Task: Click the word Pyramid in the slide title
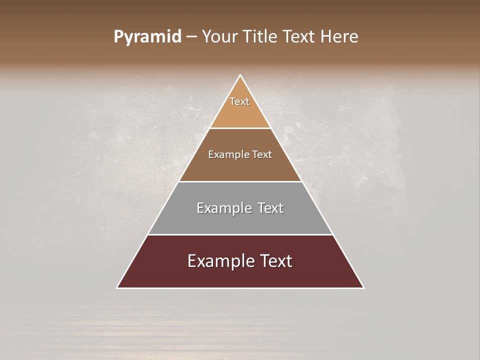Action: coord(147,37)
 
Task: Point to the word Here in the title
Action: coord(340,37)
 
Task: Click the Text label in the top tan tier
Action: coord(239,101)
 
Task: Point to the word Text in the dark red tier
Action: coord(274,261)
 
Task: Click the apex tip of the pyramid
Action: coord(240,75)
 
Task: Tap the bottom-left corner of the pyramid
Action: coord(117,287)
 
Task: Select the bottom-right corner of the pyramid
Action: coord(363,287)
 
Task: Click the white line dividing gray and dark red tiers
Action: coord(240,234)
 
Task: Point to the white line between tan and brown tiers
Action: coord(240,128)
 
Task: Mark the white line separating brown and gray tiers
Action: coord(240,181)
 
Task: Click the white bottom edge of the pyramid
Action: coord(240,288)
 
